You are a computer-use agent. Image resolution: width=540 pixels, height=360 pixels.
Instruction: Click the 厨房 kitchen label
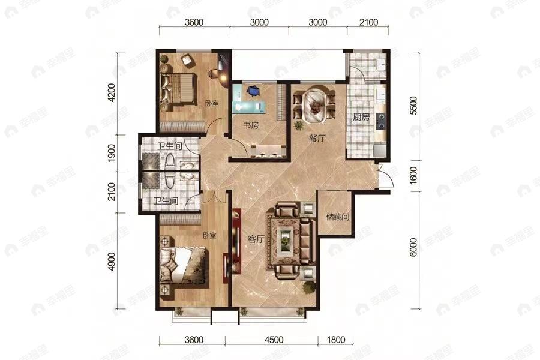coord(361,117)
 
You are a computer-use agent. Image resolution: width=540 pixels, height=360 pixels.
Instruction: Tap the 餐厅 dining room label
coord(317,139)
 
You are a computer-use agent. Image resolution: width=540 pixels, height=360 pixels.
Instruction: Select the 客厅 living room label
coord(256,239)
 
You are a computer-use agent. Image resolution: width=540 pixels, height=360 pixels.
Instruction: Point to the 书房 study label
coord(251,125)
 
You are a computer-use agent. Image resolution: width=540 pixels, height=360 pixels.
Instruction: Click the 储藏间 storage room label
coord(338,217)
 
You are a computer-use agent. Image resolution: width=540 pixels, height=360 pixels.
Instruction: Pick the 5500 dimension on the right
coord(413,106)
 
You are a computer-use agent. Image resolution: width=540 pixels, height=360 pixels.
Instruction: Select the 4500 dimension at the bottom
coord(274,340)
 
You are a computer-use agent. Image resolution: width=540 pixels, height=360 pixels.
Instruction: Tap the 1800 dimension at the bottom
coord(336,340)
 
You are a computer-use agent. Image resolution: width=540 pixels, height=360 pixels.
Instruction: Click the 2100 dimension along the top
coord(368,22)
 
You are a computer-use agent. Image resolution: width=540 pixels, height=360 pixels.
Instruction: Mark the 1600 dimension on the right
coord(413,175)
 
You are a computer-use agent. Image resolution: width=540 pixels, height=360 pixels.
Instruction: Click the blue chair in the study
coord(253,90)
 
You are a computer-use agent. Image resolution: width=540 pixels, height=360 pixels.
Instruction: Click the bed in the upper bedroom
coord(178,88)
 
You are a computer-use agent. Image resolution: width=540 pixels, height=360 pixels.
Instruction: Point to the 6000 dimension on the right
coord(413,248)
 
